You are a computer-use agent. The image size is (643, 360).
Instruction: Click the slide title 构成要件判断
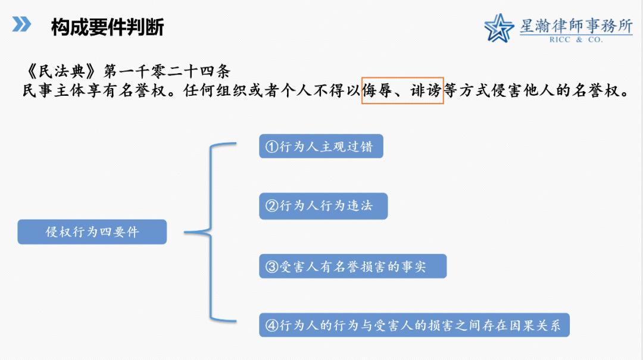click(x=107, y=27)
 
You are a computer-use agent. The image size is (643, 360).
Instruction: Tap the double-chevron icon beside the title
click(x=22, y=24)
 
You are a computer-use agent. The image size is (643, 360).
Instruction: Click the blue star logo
click(x=499, y=28)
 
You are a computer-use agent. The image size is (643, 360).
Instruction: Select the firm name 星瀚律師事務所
click(x=576, y=26)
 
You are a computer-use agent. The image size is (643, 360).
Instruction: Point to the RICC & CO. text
click(x=576, y=40)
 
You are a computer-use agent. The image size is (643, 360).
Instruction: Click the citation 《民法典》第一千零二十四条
click(x=126, y=71)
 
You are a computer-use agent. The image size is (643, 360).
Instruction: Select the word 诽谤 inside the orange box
click(x=426, y=90)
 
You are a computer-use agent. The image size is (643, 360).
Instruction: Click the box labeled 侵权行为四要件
click(x=92, y=231)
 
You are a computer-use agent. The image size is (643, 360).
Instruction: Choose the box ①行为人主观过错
click(x=321, y=146)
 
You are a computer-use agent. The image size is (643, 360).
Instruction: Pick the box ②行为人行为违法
click(x=323, y=206)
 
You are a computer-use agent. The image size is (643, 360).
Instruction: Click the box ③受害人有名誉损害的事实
click(x=352, y=266)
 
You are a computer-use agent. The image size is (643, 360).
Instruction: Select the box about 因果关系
click(x=414, y=325)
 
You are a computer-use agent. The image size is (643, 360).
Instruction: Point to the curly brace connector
click(x=210, y=232)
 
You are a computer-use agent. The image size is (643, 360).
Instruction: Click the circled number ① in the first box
click(x=272, y=146)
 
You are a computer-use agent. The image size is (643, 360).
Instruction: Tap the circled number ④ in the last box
click(x=272, y=325)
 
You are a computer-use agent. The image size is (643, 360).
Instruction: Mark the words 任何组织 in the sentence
click(x=215, y=90)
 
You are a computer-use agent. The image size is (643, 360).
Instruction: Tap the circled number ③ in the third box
click(x=272, y=267)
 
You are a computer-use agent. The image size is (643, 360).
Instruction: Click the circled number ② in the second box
click(x=272, y=205)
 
